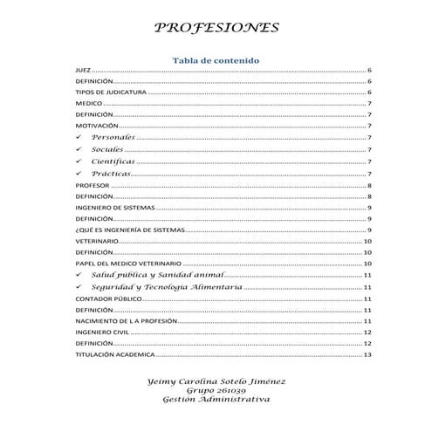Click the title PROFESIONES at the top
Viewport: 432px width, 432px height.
click(216, 28)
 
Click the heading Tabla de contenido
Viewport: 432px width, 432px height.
click(216, 59)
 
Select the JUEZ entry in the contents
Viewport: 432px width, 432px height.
click(83, 69)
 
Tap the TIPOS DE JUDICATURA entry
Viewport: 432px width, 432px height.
click(110, 92)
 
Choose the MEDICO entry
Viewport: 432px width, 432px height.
click(89, 103)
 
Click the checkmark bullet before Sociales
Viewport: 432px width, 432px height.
click(80, 149)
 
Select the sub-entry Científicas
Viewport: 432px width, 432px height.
click(113, 161)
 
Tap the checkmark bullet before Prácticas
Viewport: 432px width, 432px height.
click(80, 173)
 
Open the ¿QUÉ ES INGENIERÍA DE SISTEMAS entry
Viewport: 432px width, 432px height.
click(130, 230)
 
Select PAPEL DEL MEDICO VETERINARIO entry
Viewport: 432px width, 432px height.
click(128, 263)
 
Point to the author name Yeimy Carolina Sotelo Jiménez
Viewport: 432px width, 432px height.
click(216, 381)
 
